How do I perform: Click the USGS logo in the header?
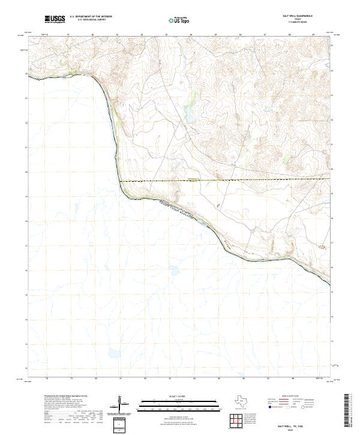pyautogui.click(x=55, y=20)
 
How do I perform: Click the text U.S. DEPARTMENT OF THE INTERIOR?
pyautogui.click(x=91, y=17)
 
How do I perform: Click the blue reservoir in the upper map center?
pyautogui.click(x=187, y=113)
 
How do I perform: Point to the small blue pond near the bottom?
pyautogui.click(x=110, y=353)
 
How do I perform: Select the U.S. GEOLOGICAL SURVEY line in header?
pyautogui.click(x=91, y=20)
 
